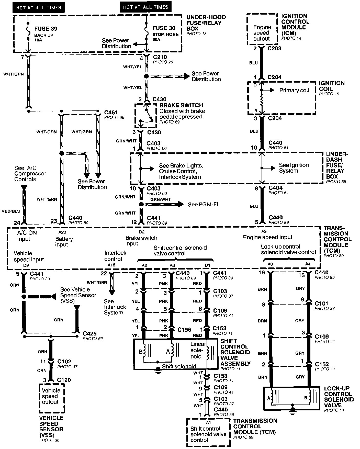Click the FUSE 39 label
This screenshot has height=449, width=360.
pos(46,29)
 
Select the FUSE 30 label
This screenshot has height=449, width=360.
pos(164,28)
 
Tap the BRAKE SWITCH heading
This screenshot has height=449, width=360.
pos(181,105)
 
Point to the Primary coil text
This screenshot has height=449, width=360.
pos(294,90)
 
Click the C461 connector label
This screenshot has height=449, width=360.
pos(111,112)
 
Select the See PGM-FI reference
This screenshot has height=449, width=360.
pos(203,204)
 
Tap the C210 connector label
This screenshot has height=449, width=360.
pos(160,57)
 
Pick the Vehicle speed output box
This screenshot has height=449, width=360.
pos(51,396)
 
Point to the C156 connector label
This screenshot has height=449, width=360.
pos(184,330)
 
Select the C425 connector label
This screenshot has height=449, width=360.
pos(90,333)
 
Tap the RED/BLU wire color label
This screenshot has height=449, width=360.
pos(11,211)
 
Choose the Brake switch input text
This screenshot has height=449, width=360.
pos(141,240)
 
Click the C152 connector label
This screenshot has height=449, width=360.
pos(322,364)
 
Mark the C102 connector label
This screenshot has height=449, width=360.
pos(64,362)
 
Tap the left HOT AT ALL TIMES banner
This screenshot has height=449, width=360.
pos(39,7)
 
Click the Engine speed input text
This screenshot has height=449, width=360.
pos(267,237)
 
